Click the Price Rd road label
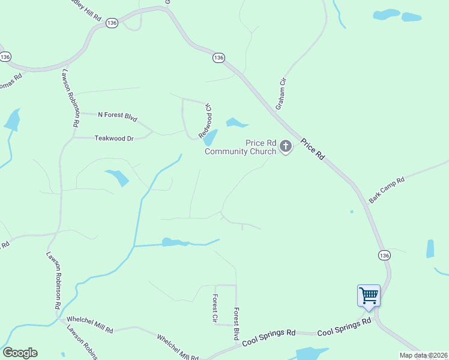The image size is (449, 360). coord(313,149)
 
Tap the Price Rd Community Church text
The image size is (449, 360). coord(241,147)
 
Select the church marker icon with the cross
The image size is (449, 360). coord(286,146)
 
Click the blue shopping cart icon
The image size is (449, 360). coord(369,295)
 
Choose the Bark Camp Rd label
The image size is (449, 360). coord(387,190)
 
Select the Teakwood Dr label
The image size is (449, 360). coord(114,138)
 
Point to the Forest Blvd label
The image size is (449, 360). coord(237,324)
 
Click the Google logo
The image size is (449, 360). coord(20,352)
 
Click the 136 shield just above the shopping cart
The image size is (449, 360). coord(385,255)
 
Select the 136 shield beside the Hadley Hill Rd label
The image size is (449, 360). coord(112,22)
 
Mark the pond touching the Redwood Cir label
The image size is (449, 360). coord(210,138)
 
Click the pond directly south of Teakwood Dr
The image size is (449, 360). coord(118,178)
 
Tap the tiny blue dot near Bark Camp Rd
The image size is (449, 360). coord(352,211)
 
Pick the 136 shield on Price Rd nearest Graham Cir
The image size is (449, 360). coord(218,58)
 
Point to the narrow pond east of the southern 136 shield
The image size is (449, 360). coord(430,248)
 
